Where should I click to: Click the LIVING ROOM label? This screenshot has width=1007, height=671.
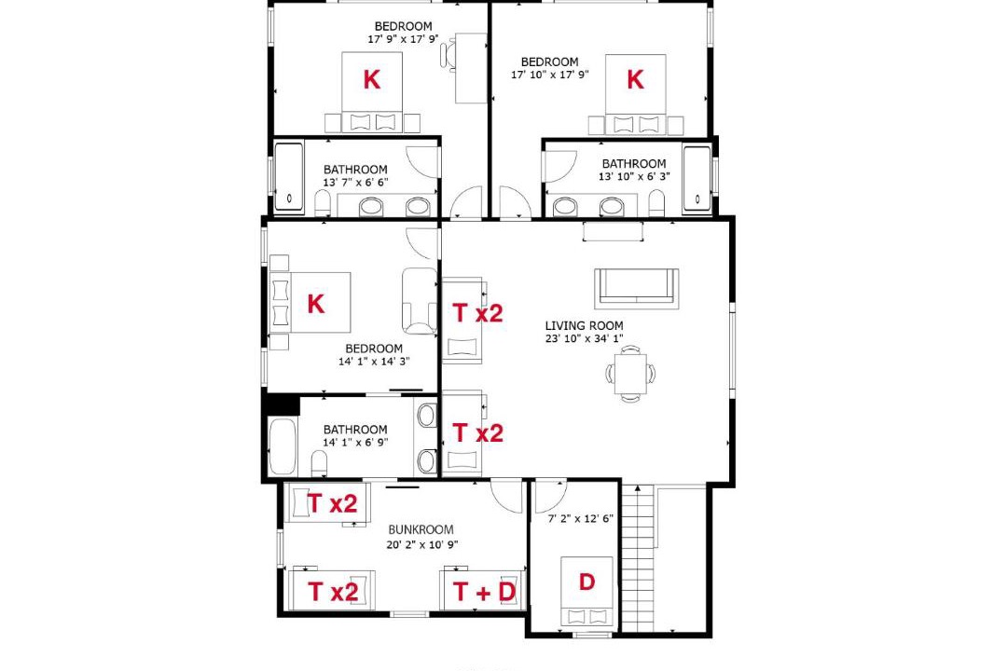coord(584,325)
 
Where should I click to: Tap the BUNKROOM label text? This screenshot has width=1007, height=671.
coord(421,529)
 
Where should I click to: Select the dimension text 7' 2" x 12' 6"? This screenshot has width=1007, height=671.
coord(581,518)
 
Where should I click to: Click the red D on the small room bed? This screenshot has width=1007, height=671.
coord(586,582)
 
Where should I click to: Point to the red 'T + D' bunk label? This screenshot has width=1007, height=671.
coord(484,592)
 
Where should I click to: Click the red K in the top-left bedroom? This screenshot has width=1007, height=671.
coord(372,79)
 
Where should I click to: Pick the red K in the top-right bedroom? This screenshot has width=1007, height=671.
coord(635,79)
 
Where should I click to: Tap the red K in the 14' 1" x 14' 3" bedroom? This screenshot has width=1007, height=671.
coord(315,304)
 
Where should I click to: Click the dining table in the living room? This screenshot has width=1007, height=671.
coord(630,374)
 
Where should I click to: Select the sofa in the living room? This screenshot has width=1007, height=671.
coord(637,288)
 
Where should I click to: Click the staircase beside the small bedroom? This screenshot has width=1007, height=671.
coord(638,557)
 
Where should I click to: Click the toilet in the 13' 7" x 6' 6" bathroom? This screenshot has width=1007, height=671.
coord(323,203)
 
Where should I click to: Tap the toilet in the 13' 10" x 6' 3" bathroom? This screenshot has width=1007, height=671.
coord(657,202)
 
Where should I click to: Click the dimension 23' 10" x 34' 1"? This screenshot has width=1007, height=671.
coord(584,338)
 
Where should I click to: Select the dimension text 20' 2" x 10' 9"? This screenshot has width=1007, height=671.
coord(422,544)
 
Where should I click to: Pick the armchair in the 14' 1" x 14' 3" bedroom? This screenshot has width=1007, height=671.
coord(420,300)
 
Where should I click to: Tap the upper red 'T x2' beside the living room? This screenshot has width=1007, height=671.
coord(477,313)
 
